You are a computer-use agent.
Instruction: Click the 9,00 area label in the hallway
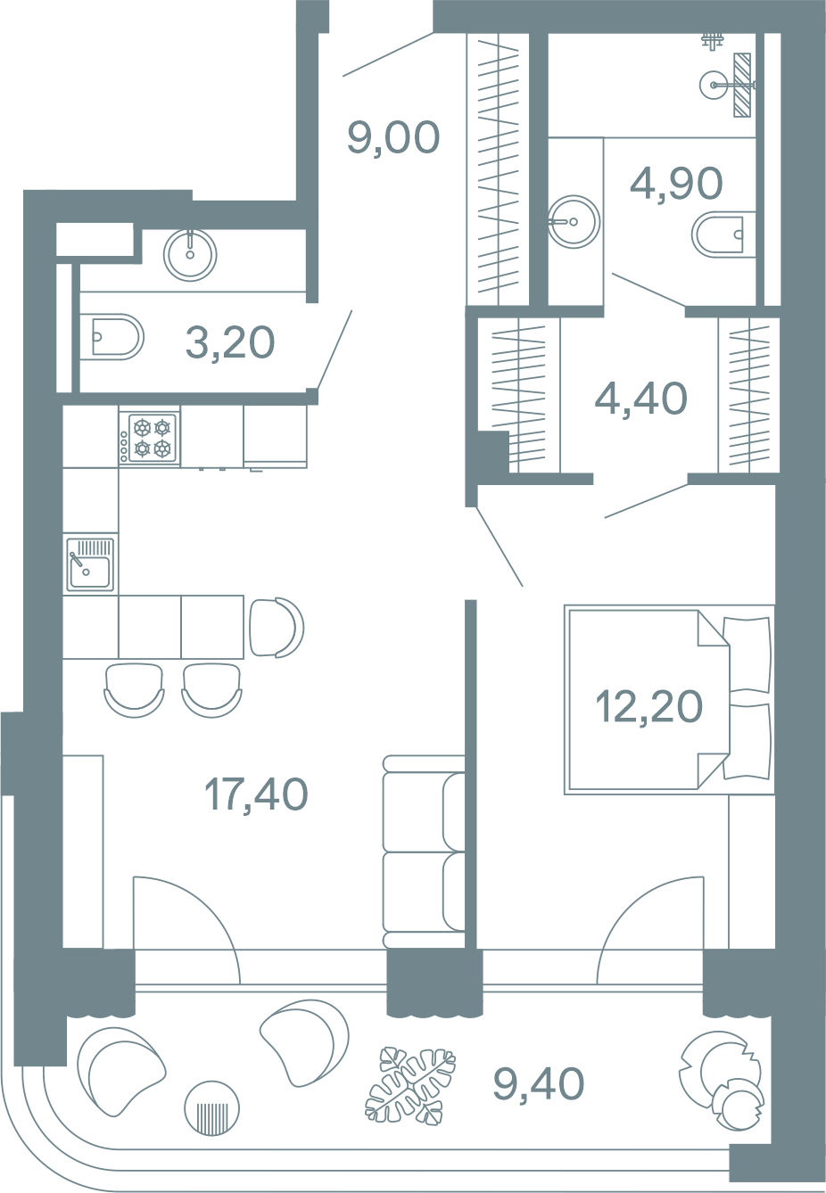click(393, 138)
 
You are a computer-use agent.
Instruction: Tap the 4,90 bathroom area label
click(676, 183)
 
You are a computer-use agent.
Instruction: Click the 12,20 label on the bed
click(649, 706)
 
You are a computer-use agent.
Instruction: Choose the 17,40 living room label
click(256, 794)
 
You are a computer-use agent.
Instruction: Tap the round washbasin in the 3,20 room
click(190, 255)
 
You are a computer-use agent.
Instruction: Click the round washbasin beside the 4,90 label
click(574, 221)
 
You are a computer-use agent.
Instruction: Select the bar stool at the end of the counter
click(277, 627)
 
